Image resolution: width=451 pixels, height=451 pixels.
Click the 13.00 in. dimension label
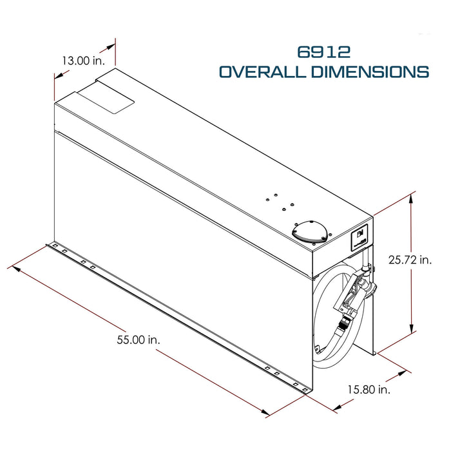tap(84, 61)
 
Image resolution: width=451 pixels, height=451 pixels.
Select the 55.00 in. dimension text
tap(139, 340)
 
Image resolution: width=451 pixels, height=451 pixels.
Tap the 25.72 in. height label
tap(410, 260)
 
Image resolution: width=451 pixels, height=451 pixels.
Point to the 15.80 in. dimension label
tap(369, 389)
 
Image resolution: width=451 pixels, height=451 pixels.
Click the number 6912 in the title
tap(323, 52)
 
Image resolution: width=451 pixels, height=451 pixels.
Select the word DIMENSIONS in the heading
tap(370, 72)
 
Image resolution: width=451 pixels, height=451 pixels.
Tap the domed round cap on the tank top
tap(309, 231)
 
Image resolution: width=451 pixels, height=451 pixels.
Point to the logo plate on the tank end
tap(360, 236)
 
